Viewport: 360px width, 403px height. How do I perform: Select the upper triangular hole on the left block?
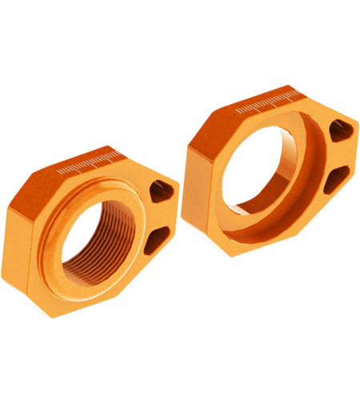click(163, 190)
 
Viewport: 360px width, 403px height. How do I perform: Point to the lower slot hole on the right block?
click(336, 173)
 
